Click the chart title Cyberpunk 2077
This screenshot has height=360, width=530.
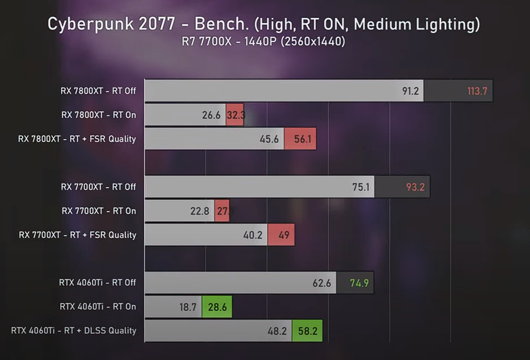[263, 24]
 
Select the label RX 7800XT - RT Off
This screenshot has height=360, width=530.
[98, 91]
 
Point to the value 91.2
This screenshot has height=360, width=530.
[410, 91]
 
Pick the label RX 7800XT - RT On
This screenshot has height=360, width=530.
[98, 115]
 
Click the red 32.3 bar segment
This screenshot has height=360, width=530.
[235, 115]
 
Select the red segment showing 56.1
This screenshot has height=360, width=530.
[300, 139]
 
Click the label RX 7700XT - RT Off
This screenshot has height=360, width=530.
[98, 187]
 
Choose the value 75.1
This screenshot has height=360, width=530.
[361, 187]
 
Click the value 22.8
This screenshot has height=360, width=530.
[200, 211]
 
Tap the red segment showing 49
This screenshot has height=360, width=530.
[281, 235]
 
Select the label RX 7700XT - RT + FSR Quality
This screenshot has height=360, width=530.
[78, 235]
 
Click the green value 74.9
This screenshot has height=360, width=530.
[360, 283]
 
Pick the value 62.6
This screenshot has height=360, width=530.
[322, 283]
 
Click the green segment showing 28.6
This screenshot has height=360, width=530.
[217, 307]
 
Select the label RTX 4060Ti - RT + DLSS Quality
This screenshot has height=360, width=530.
[74, 330]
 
